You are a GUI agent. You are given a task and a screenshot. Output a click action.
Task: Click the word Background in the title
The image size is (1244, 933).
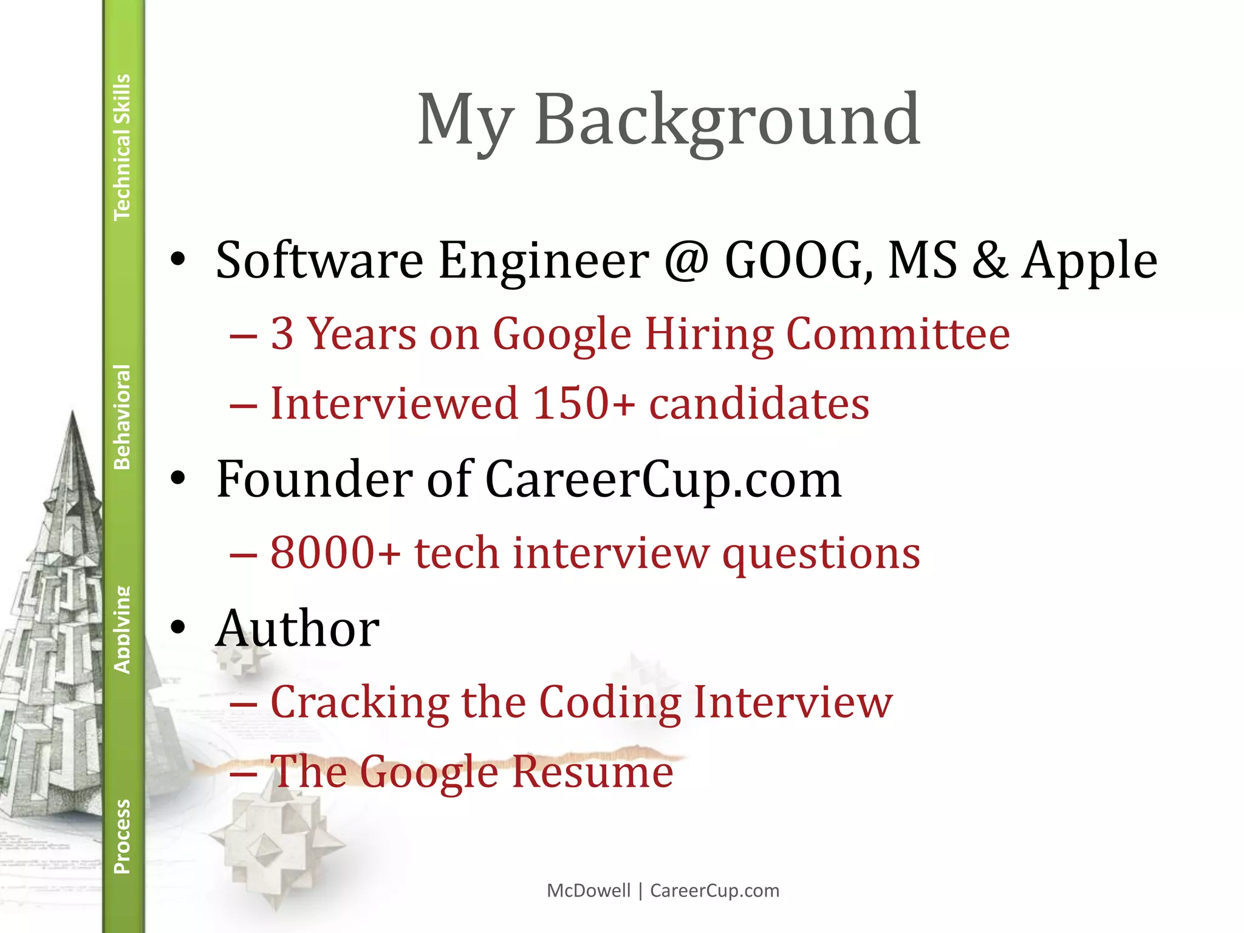(x=727, y=120)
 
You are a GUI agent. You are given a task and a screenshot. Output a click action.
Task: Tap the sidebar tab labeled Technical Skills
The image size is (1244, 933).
(x=122, y=147)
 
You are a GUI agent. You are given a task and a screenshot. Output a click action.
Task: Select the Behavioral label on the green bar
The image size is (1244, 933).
(x=122, y=417)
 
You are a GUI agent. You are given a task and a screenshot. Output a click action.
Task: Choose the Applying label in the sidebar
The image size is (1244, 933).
(x=122, y=629)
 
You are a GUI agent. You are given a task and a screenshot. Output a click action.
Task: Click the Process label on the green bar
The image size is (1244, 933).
(x=122, y=836)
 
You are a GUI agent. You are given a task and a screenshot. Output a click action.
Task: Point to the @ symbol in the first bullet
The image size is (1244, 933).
(x=686, y=260)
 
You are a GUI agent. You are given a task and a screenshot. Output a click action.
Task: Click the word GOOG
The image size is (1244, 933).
(x=798, y=260)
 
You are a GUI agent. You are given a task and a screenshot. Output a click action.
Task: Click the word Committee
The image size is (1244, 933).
(x=898, y=334)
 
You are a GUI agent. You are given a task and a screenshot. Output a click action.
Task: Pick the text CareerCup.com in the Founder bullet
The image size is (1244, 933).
(x=663, y=479)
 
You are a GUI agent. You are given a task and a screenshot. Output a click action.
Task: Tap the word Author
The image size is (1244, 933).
(x=298, y=629)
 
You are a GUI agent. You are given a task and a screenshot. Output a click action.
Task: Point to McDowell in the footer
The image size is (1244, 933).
(x=589, y=890)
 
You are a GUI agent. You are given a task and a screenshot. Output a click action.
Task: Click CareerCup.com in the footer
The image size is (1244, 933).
(x=714, y=890)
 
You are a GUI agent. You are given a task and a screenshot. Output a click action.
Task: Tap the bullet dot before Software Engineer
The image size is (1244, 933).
(x=178, y=260)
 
